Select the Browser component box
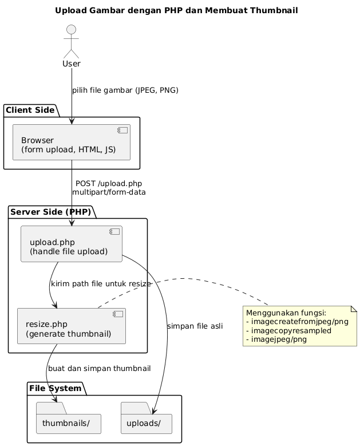click(72, 143)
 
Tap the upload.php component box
click(72, 244)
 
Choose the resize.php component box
click(72, 327)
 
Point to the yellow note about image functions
click(300, 326)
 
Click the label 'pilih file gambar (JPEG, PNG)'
click(125, 90)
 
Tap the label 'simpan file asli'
click(195, 326)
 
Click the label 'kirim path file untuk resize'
click(101, 284)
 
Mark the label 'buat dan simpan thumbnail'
click(100, 368)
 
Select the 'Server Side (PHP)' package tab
click(50, 211)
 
